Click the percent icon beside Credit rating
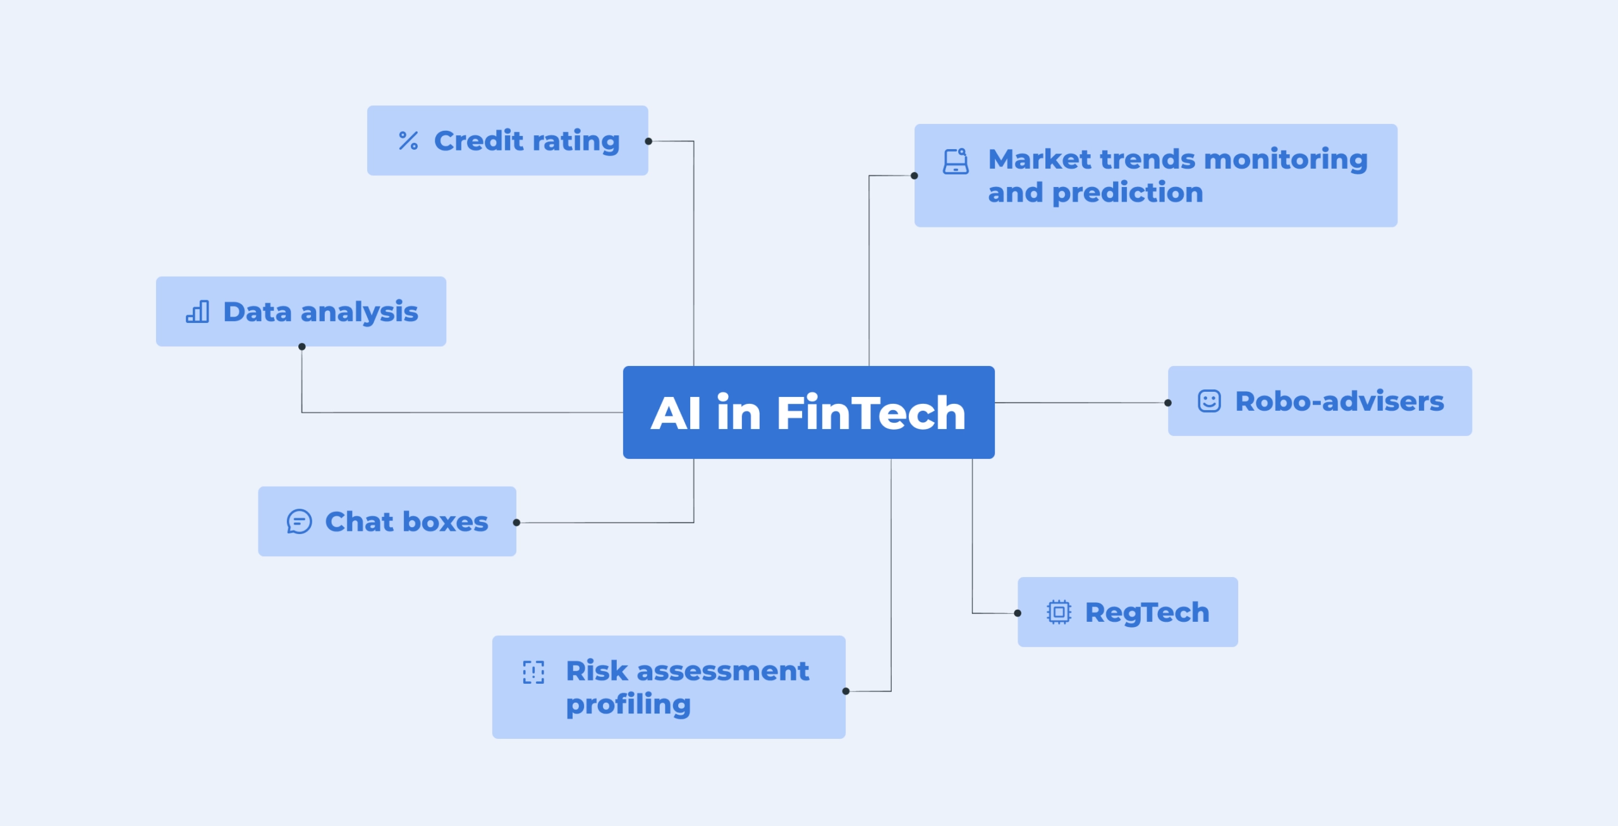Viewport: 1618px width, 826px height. click(408, 140)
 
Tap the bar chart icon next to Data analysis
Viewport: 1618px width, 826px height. click(197, 312)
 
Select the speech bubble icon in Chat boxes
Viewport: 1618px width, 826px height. click(299, 522)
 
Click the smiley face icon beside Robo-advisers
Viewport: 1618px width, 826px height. click(1209, 401)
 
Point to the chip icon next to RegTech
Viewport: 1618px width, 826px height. click(1059, 612)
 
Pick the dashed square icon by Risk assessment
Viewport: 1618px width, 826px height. click(533, 672)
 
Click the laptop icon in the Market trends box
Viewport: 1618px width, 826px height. click(956, 161)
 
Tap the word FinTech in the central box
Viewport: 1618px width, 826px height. click(871, 413)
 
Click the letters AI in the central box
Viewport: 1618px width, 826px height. click(676, 413)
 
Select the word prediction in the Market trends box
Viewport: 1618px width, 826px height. click(1128, 193)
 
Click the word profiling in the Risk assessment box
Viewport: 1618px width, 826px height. click(628, 705)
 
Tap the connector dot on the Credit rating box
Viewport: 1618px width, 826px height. click(648, 142)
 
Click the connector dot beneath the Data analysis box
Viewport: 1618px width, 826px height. click(302, 346)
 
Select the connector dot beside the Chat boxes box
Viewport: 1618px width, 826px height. click(516, 523)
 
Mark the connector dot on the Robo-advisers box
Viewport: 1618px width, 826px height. click(1168, 403)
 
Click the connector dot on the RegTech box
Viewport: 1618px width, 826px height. click(1018, 613)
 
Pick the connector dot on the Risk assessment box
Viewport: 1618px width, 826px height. click(846, 691)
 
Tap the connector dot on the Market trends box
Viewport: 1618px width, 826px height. click(915, 176)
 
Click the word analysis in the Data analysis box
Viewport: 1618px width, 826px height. click(359, 312)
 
